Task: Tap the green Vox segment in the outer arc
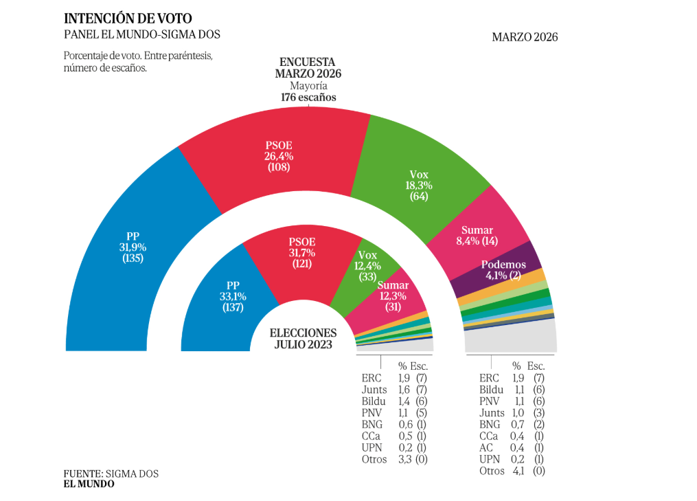(418, 186)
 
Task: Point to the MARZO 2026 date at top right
(525, 37)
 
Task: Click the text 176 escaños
(308, 98)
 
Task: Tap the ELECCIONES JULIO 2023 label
(304, 338)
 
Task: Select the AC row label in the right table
(486, 447)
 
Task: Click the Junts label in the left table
(374, 389)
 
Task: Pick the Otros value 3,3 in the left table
(405, 459)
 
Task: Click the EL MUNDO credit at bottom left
(89, 484)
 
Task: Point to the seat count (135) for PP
(133, 258)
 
